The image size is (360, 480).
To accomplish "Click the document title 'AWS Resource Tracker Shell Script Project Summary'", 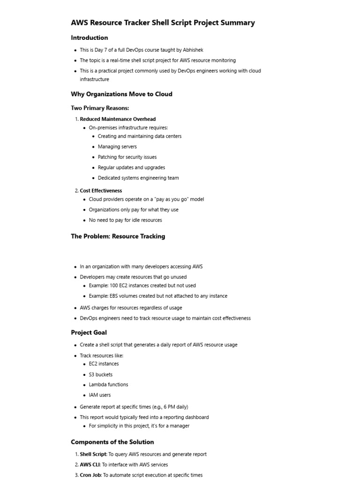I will (163, 22).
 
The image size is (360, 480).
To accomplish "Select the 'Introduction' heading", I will (90, 38).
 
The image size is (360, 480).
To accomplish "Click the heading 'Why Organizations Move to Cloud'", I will (121, 94).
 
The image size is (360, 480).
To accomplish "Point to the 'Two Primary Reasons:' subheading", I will (100, 108).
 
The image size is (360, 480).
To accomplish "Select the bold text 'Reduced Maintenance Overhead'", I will (118, 119).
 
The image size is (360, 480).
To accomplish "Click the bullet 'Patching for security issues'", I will (127, 157).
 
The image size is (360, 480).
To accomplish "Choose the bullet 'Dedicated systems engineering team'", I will (138, 178).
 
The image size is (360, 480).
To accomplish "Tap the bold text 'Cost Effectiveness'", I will (101, 191).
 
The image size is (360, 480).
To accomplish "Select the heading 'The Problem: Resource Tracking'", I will (118, 237).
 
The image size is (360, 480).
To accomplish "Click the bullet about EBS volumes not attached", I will (158, 296).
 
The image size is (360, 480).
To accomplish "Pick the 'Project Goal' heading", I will (89, 333).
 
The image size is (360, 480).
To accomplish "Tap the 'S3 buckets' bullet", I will (101, 375).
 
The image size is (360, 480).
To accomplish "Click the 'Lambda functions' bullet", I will (108, 385).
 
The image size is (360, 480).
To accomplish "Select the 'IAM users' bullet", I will (100, 395).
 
